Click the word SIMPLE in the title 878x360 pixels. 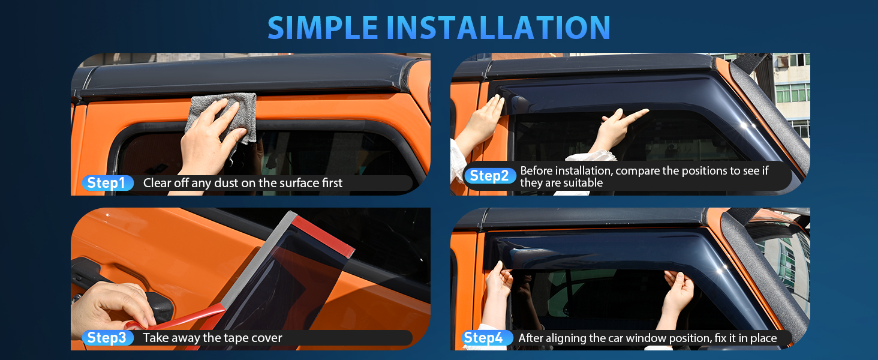point(323,28)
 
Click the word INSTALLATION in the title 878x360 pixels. point(498,28)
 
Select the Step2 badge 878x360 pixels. point(490,176)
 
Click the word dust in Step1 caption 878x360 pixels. point(227,183)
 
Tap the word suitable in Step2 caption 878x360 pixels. point(583,183)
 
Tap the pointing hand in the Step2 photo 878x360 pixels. point(617,131)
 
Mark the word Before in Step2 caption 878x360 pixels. point(536,170)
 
